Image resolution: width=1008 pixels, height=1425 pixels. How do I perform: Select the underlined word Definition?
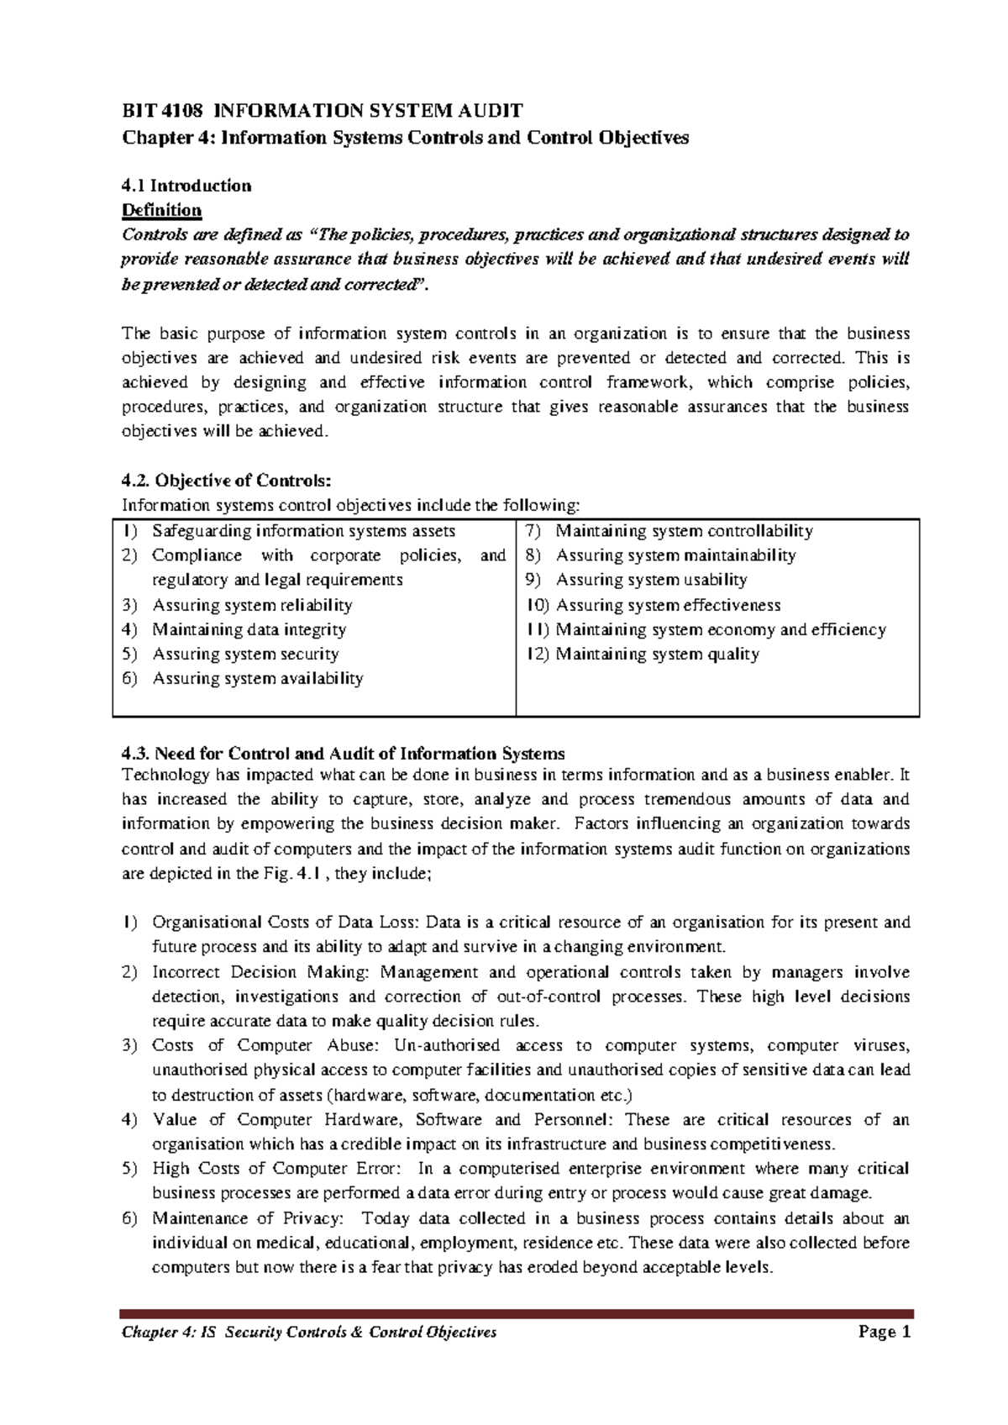click(x=162, y=209)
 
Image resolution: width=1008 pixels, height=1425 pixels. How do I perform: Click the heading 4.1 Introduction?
click(x=186, y=185)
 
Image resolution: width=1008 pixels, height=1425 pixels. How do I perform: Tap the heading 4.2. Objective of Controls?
click(x=227, y=481)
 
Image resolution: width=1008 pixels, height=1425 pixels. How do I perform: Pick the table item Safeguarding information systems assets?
click(x=303, y=531)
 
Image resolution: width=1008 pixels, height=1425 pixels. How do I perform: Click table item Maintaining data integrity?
click(x=249, y=629)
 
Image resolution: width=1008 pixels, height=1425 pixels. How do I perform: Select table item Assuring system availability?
click(x=257, y=678)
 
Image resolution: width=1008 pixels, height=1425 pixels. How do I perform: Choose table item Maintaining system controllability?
click(x=684, y=531)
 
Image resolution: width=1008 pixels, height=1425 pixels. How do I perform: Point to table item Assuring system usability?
click(x=651, y=580)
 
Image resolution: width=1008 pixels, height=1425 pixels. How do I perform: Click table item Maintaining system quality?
click(x=657, y=654)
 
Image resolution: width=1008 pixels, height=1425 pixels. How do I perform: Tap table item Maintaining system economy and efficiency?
click(x=721, y=629)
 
